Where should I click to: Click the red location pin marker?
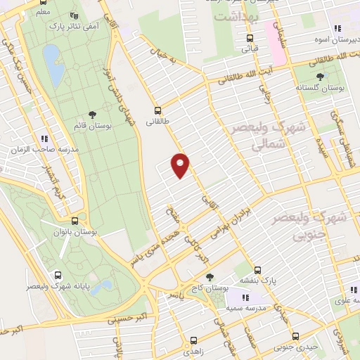(x=181, y=165)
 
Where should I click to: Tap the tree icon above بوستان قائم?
(x=92, y=115)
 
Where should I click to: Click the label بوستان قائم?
(x=92, y=126)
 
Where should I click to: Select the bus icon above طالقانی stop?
(x=158, y=110)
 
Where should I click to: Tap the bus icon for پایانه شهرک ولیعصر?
(x=57, y=276)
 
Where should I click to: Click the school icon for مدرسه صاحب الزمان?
(x=44, y=139)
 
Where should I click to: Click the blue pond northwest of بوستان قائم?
(x=51, y=56)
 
